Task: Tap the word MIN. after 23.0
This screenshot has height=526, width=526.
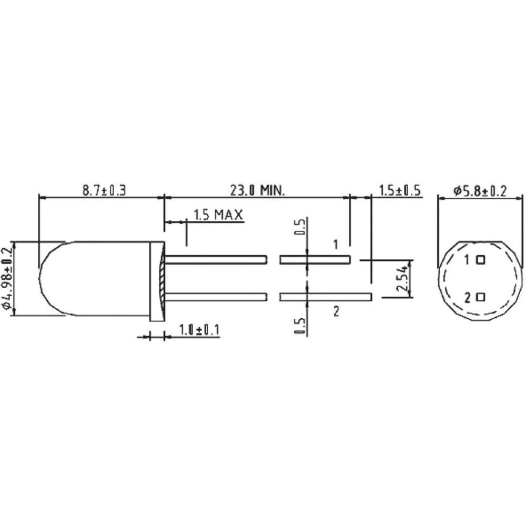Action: coord(271,190)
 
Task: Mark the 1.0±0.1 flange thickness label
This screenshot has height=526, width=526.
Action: coord(199,330)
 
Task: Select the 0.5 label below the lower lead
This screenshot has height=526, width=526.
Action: coord(300,326)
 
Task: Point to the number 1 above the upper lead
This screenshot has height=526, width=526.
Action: coord(336,244)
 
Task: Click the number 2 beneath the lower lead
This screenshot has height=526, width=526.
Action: coord(336,311)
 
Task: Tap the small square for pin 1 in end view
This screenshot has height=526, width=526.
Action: coord(480,259)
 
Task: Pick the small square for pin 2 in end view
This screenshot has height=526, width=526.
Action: coord(480,297)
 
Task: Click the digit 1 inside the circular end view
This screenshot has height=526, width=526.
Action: coord(468,259)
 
